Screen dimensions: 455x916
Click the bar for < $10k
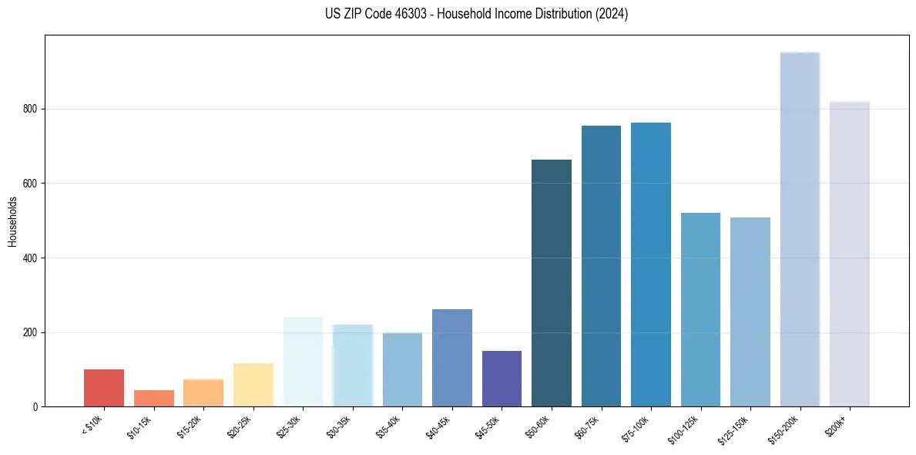tap(104, 388)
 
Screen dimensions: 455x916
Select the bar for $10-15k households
tap(154, 398)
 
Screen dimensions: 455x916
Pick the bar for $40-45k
tap(452, 358)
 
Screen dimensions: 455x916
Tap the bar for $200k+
tap(850, 254)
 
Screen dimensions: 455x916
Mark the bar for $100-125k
tap(700, 309)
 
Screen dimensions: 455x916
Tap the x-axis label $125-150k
tap(735, 427)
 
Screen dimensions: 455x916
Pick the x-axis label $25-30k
tap(289, 426)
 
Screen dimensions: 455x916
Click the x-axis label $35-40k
tap(388, 426)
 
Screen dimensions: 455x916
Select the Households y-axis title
tap(12, 221)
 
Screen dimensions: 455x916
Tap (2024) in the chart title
tap(610, 14)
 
